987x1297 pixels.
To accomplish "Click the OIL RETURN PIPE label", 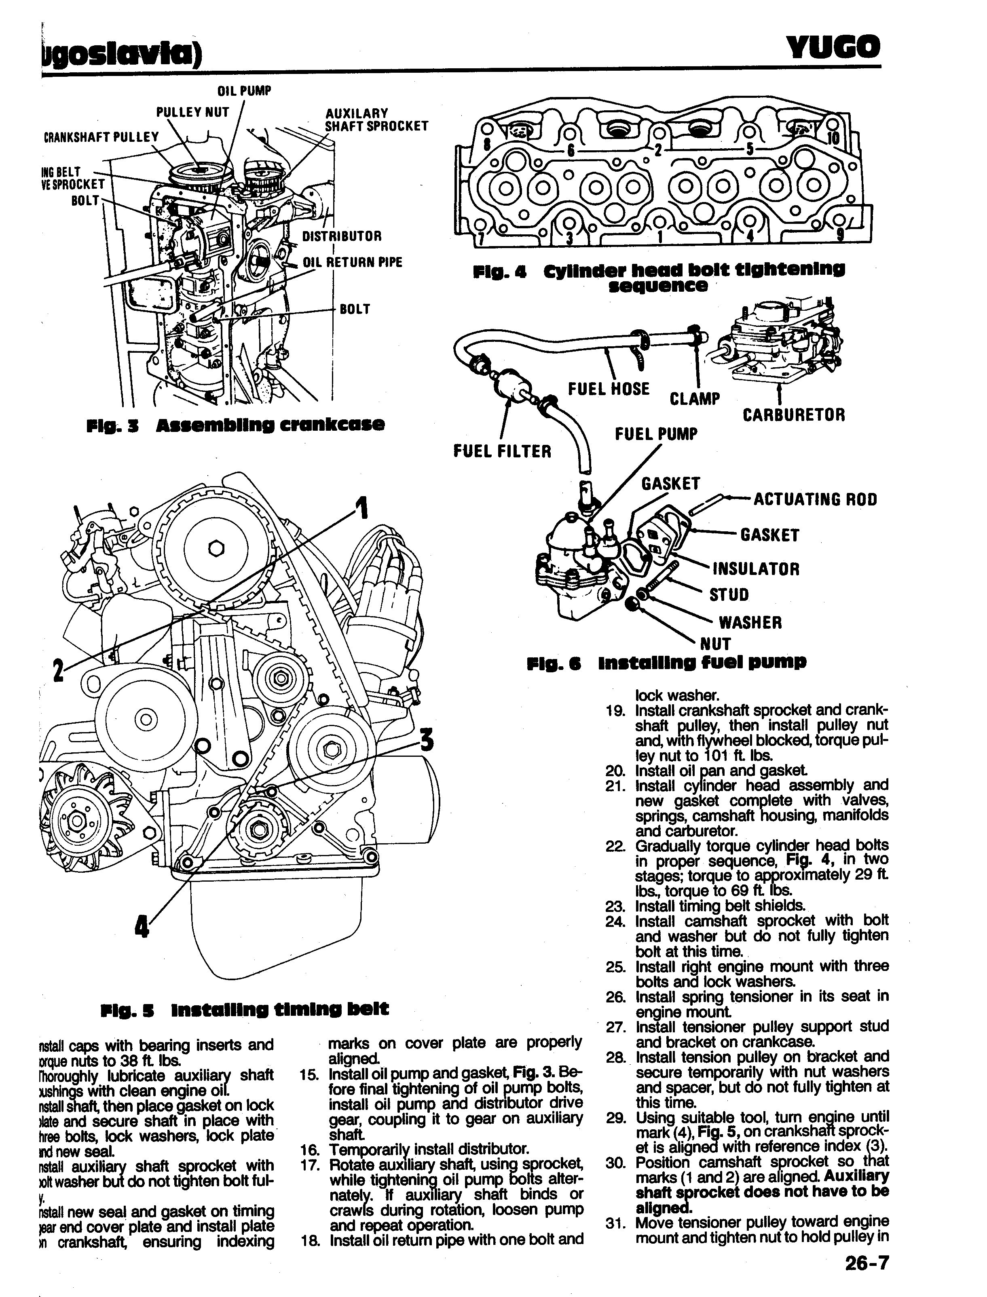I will tap(353, 263).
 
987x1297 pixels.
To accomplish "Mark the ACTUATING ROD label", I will tap(815, 500).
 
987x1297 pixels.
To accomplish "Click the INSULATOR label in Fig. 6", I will tap(756, 569).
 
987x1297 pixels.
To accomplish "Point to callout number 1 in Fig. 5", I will tap(362, 508).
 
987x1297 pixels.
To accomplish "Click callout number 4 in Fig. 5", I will tap(141, 927).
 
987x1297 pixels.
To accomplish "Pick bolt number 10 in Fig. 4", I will tap(834, 139).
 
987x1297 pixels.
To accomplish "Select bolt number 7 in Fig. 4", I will tap(481, 237).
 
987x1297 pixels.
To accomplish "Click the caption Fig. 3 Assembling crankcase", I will tap(235, 425).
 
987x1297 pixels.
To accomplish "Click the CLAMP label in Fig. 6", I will tap(694, 399).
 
